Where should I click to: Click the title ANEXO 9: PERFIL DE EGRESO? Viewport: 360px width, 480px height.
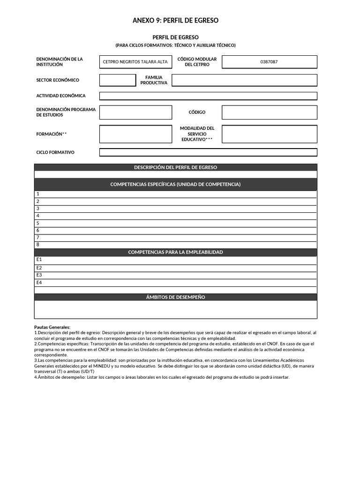pos(175,21)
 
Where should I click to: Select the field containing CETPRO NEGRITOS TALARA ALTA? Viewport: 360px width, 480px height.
pos(135,62)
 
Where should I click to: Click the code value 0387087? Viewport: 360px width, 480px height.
pos(269,62)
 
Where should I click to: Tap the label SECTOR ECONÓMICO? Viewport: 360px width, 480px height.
pos(58,80)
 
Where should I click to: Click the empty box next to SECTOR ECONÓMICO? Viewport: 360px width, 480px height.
pos(117,80)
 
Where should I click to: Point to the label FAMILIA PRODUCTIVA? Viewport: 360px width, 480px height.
pos(154,80)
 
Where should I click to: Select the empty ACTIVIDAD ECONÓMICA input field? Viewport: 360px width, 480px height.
pos(208,96)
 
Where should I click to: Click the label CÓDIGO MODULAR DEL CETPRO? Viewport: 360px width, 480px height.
pos(197,62)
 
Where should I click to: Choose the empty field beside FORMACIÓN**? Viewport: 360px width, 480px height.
pos(135,134)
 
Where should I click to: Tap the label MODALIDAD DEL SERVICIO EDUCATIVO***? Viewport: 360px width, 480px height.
pos(197,134)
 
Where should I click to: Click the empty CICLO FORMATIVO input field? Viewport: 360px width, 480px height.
pos(208,152)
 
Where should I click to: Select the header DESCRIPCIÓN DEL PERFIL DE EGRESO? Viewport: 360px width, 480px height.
pos(175,167)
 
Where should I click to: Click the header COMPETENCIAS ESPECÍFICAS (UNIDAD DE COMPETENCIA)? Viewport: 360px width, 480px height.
pos(175,184)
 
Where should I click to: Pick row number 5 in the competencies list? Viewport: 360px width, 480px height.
pos(38,223)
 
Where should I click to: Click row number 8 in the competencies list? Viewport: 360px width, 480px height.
pos(38,245)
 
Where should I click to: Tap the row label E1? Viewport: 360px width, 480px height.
pos(39,260)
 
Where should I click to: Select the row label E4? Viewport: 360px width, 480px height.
pos(39,283)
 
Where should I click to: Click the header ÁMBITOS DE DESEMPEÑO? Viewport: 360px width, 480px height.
pos(175,297)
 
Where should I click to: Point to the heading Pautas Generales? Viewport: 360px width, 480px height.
pos(52,327)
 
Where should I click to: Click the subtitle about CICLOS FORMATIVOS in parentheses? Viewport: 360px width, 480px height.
pos(175,45)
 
